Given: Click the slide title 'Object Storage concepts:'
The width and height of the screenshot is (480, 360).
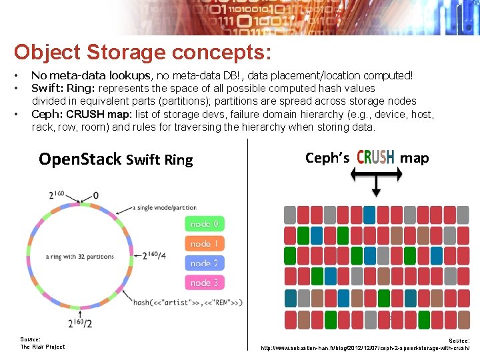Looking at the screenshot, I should click(x=143, y=52).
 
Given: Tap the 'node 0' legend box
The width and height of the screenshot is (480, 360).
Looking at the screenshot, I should click(x=204, y=224).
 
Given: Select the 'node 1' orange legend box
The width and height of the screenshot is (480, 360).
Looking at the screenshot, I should click(x=204, y=244).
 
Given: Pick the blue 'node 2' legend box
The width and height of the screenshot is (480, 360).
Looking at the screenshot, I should click(x=204, y=263).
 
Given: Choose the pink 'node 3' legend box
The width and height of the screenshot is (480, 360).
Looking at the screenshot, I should click(x=204, y=283).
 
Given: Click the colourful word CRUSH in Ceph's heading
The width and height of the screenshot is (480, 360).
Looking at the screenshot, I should click(x=375, y=157).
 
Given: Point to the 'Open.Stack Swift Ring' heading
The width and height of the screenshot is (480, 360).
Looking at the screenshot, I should click(x=115, y=159).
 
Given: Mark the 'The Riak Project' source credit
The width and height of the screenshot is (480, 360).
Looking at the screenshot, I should click(x=43, y=347).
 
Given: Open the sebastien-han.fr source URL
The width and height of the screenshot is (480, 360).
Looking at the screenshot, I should click(x=365, y=348).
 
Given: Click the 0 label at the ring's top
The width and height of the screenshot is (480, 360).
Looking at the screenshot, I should click(x=96, y=195).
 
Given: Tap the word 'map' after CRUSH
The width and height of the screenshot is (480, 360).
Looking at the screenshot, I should click(x=415, y=158).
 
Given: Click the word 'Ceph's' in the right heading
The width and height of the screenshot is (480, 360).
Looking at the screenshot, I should click(x=327, y=158).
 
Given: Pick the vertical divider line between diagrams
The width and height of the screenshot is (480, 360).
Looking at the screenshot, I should click(x=247, y=247).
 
